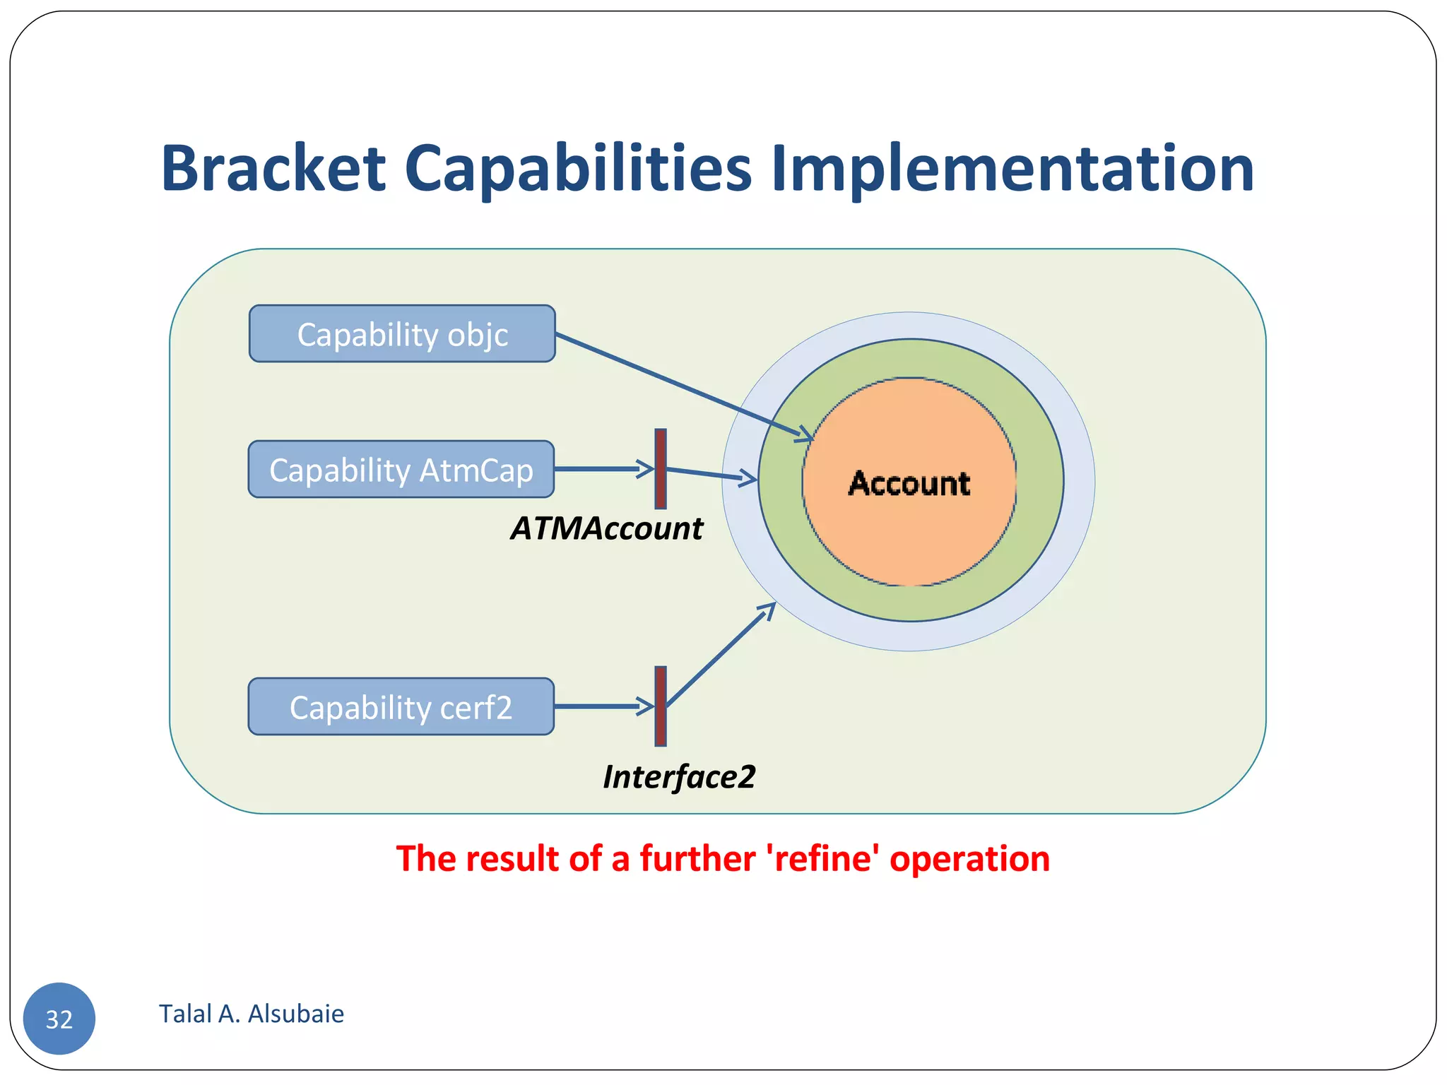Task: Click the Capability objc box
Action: tap(402, 334)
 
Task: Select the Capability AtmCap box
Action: tap(401, 470)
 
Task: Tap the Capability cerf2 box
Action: tap(401, 707)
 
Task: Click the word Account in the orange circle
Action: tap(909, 484)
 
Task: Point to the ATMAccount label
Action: tap(606, 528)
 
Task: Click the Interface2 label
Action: tap(679, 777)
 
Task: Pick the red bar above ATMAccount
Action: tap(661, 468)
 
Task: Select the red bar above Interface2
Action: tap(661, 706)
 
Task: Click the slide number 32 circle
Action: tap(59, 1019)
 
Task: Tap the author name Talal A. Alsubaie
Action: tap(252, 1014)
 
